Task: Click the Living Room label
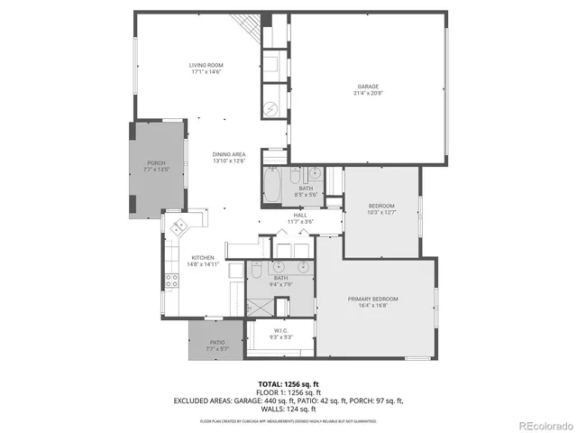click(x=206, y=66)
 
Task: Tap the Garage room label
click(x=368, y=87)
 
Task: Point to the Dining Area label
click(x=229, y=154)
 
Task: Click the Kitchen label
click(x=203, y=258)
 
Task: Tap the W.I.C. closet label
click(x=280, y=330)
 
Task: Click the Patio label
click(x=217, y=343)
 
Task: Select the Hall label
click(x=299, y=215)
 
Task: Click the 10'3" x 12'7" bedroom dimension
click(x=382, y=213)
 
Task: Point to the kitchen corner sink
click(x=179, y=225)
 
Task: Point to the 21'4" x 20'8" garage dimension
click(x=368, y=94)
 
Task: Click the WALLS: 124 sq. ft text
click(x=288, y=409)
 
